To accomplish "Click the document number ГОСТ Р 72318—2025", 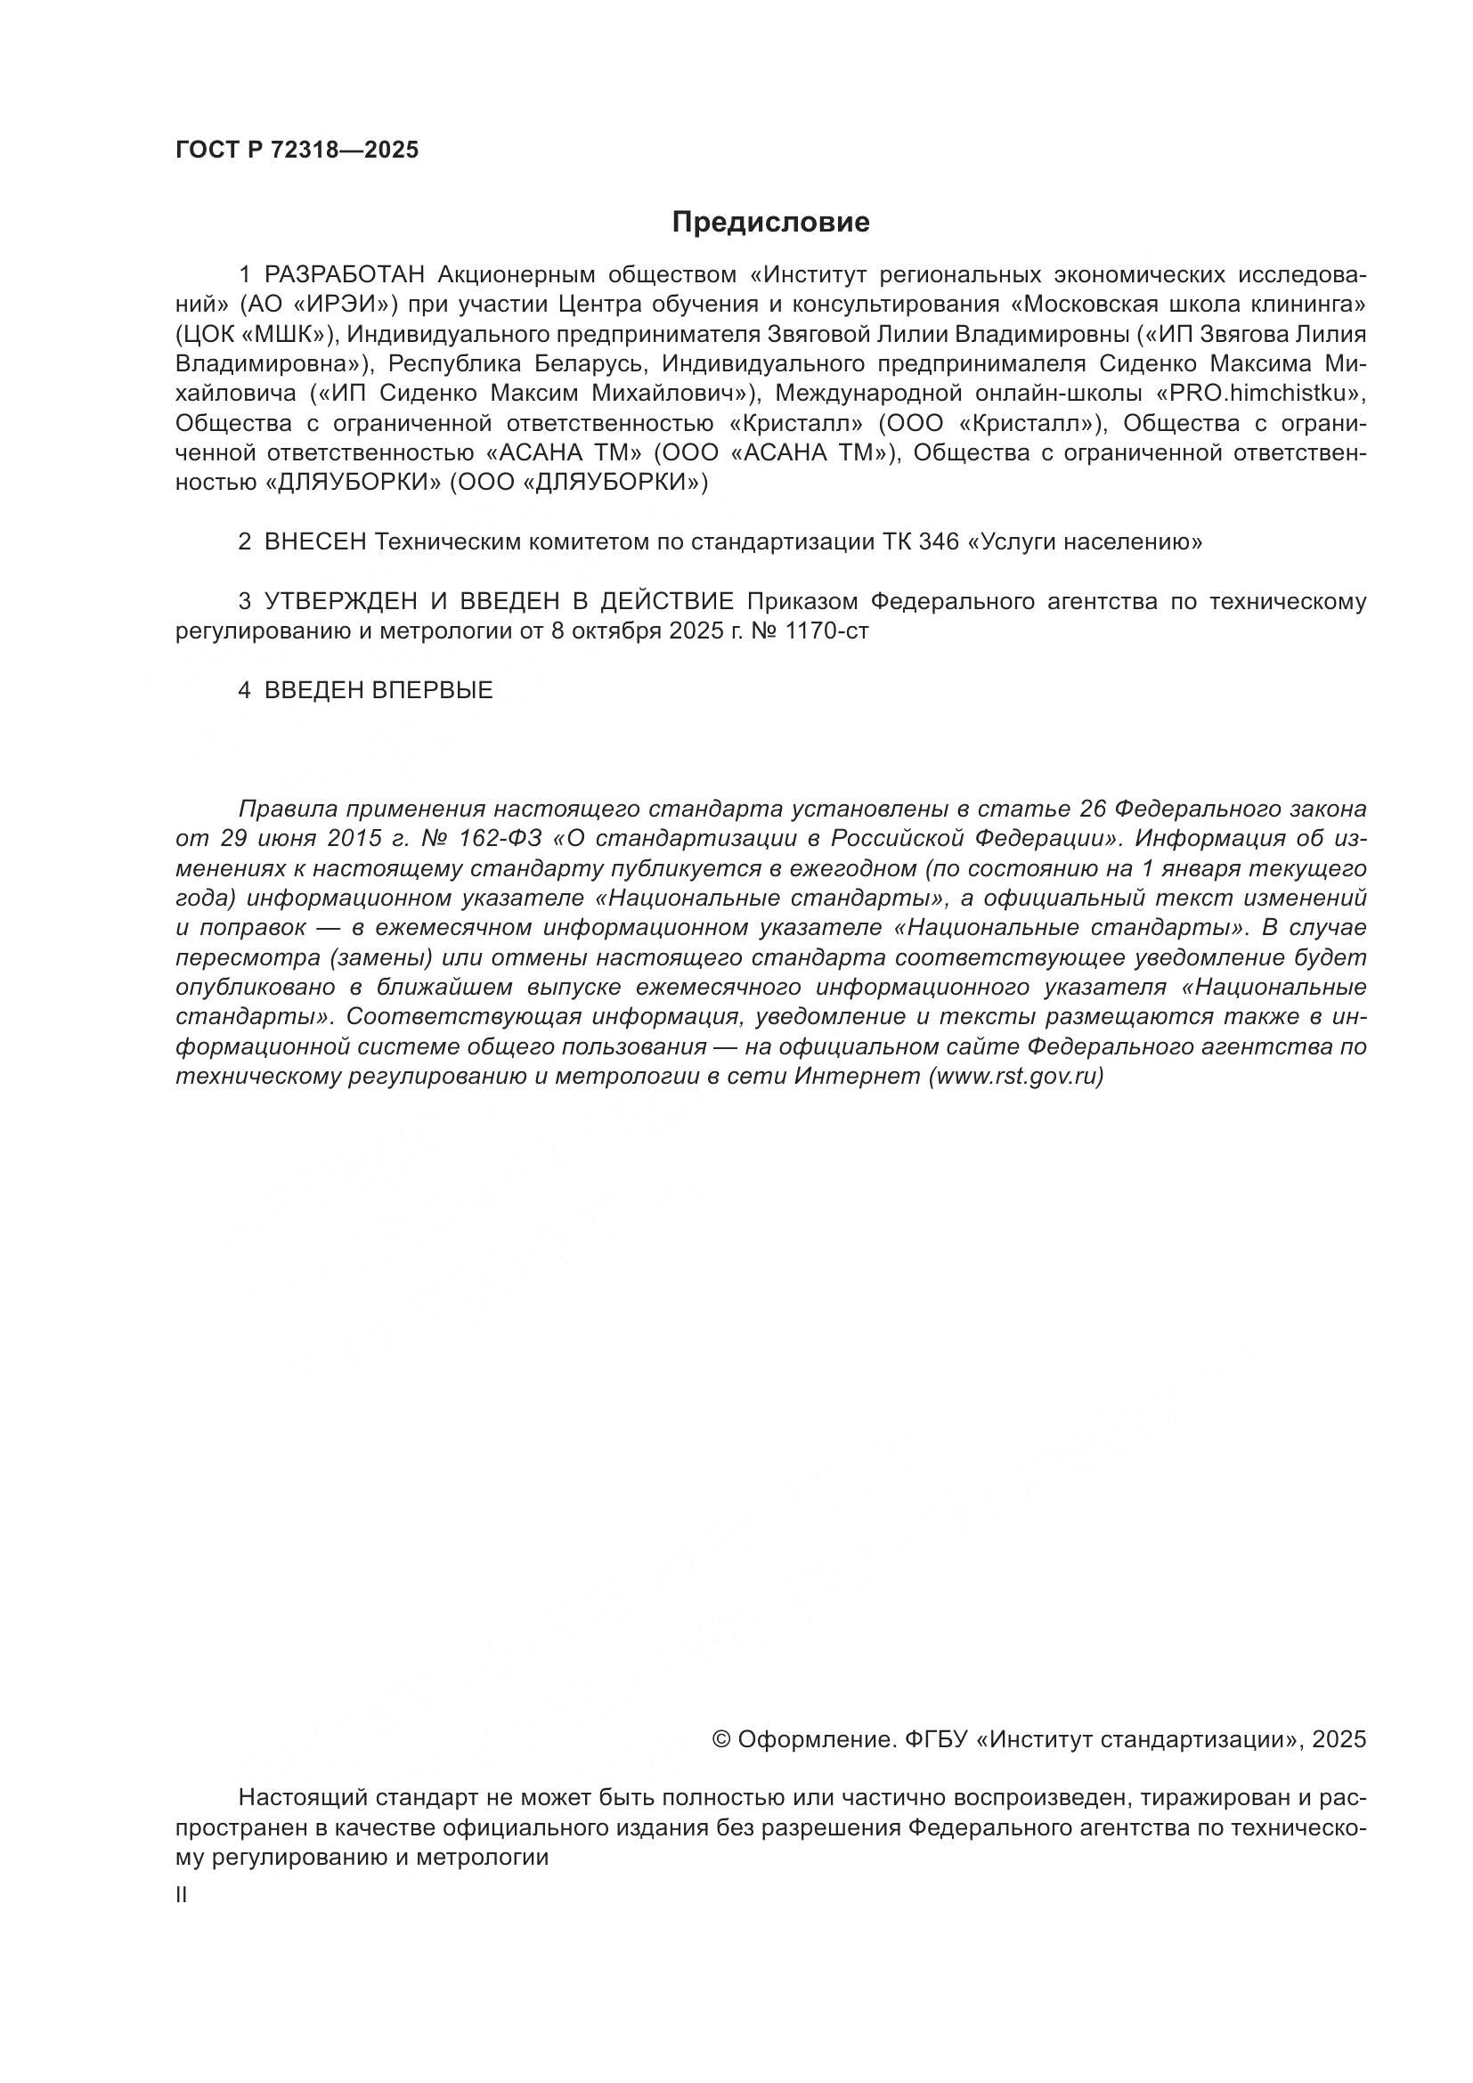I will tap(297, 151).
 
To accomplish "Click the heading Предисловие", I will tap(771, 223).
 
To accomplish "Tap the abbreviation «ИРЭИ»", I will tap(351, 305).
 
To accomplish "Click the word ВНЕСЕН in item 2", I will tap(314, 542).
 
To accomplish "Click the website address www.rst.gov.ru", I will tap(1015, 1077).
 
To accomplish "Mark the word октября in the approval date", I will tap(617, 631).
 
